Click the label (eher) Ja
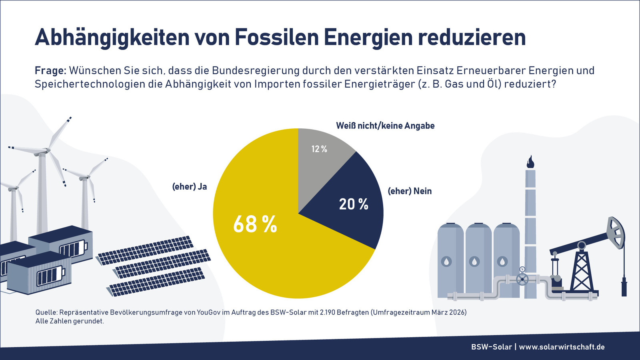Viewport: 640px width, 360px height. click(x=190, y=186)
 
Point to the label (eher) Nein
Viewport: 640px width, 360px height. click(x=410, y=191)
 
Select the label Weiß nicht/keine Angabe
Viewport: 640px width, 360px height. click(x=385, y=126)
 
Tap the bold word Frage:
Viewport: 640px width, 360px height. click(x=50, y=71)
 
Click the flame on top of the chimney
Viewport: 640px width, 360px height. click(x=530, y=162)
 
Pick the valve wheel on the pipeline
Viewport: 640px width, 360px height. click(x=522, y=279)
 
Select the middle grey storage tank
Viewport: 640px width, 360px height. click(x=478, y=260)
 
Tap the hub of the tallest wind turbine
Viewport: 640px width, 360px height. click(x=47, y=151)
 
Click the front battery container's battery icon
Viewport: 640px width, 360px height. click(x=50, y=276)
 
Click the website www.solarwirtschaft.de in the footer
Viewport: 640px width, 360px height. click(x=562, y=347)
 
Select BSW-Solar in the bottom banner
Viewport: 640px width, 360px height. click(x=491, y=347)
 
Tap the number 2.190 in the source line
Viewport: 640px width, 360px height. click(x=327, y=312)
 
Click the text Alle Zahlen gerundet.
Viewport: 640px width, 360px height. click(x=70, y=321)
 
